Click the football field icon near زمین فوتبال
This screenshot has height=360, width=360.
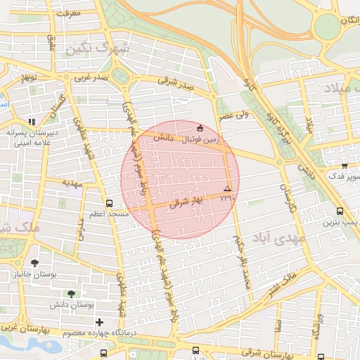coord(201,129)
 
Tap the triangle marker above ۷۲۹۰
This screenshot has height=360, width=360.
coord(226,189)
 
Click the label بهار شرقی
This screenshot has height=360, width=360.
coord(186,202)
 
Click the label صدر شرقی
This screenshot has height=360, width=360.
coord(174,82)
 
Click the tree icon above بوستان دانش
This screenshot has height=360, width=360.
coord(72,294)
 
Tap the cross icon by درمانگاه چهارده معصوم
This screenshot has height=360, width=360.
coord(98,322)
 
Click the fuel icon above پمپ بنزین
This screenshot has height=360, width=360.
coord(340,211)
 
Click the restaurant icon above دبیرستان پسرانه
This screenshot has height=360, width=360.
coord(31,122)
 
